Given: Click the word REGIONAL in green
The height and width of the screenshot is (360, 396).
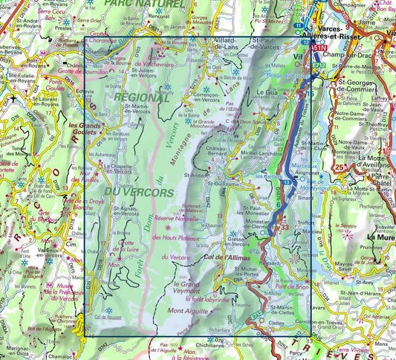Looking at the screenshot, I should [x=140, y=97].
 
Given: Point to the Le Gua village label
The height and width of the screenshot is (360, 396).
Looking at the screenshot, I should [x=266, y=92].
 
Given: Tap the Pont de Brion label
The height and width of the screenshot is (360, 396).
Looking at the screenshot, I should [x=290, y=286].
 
